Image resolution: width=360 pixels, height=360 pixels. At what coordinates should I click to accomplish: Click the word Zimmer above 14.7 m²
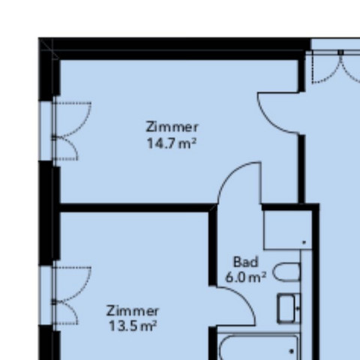(x=172, y=127)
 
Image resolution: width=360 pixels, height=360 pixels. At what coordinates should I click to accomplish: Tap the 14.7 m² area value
(x=172, y=144)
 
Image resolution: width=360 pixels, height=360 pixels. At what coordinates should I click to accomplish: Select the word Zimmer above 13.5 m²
(x=133, y=311)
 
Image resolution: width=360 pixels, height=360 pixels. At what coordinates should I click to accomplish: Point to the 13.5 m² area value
(x=133, y=326)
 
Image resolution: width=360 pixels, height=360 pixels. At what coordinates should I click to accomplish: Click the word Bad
(x=245, y=262)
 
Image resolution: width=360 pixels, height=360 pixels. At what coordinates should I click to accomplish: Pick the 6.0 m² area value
(x=245, y=277)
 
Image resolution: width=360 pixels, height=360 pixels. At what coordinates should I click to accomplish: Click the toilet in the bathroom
(x=286, y=272)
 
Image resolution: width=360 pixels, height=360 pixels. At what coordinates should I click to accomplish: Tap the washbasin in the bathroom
(x=289, y=308)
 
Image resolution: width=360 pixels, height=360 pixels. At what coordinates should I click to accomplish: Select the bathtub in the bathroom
(x=259, y=347)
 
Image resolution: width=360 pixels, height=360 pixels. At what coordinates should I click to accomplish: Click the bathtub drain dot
(x=292, y=352)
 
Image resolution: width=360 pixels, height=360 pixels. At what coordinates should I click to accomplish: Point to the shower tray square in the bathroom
(x=288, y=230)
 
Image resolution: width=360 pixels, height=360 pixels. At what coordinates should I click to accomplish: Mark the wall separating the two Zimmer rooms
(x=135, y=208)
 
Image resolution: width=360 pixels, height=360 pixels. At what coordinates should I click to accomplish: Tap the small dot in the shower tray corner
(x=304, y=242)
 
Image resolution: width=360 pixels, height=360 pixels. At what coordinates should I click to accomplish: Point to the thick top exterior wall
(x=175, y=49)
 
